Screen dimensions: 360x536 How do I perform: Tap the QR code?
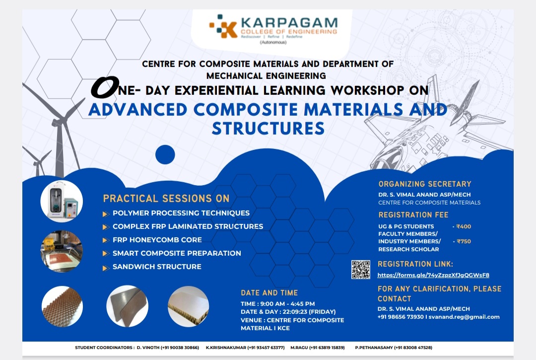[x=361, y=270]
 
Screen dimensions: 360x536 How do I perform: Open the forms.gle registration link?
[x=433, y=275]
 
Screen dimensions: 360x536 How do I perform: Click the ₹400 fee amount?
[x=464, y=226]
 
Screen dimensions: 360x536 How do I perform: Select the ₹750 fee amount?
[x=464, y=241]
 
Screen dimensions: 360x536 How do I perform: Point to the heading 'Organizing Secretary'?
[x=425, y=184]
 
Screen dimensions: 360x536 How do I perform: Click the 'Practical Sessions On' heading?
[x=166, y=199]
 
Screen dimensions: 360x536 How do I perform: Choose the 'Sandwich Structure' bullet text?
[x=157, y=267]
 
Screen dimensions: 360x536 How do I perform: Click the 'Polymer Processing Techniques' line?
[x=181, y=213]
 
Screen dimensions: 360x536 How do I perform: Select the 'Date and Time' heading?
[x=269, y=293]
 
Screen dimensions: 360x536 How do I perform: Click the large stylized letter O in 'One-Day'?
[x=104, y=88]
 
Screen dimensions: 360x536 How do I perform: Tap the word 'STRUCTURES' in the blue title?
[x=268, y=128]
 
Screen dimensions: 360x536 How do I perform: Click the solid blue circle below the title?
[x=165, y=154]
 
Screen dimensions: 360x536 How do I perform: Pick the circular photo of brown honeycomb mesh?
[x=62, y=306]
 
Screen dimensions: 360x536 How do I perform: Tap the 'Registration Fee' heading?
[x=413, y=215]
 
